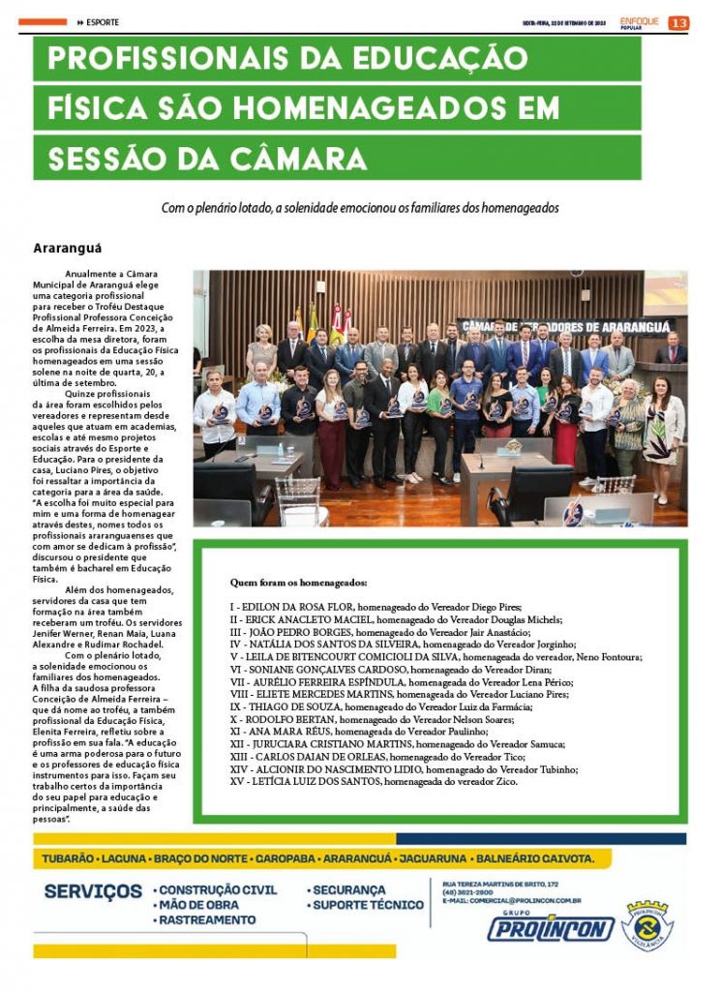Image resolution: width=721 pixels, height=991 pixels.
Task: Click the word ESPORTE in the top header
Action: [x=103, y=22]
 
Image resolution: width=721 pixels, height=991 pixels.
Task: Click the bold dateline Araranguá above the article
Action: [x=68, y=248]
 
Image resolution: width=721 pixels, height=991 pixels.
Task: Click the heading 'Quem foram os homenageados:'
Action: [x=298, y=584]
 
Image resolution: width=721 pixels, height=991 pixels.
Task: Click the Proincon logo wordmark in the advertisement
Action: [x=550, y=929]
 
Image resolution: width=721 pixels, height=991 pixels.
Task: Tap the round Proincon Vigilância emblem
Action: [x=647, y=925]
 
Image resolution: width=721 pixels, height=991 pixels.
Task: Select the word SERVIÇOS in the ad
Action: [x=93, y=891]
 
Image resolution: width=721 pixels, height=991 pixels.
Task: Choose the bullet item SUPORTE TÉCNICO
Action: [x=368, y=906]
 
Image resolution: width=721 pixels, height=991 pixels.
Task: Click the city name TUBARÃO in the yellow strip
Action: [x=68, y=858]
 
